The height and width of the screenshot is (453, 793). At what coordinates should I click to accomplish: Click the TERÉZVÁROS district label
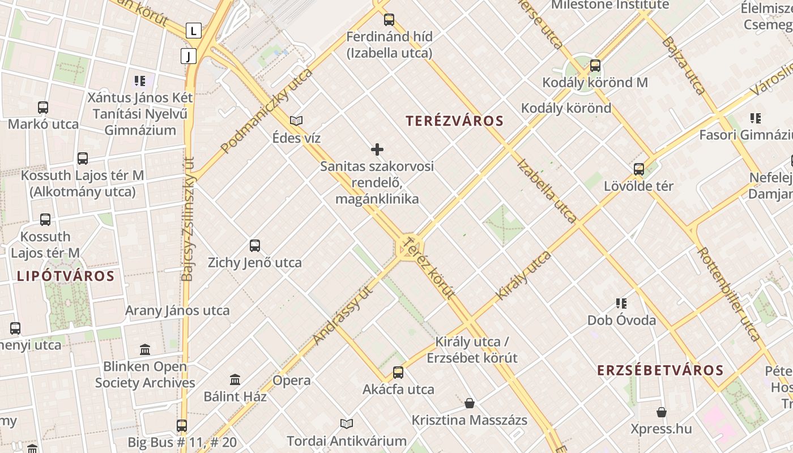454,121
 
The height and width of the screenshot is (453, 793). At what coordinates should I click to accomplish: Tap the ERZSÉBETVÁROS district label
660,370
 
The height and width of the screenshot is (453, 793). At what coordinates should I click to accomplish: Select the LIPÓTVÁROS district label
66,276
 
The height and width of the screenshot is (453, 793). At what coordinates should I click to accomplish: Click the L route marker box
194,30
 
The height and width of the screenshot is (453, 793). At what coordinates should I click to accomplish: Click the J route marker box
189,55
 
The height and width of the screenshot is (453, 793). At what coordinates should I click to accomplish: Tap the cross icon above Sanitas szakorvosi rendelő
377,149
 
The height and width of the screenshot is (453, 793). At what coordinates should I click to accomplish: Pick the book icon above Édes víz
296,121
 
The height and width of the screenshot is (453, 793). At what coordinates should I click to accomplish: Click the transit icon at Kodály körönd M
595,66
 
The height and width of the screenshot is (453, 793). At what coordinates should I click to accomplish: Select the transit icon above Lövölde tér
639,169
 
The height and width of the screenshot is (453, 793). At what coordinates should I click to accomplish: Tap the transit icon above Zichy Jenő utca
255,246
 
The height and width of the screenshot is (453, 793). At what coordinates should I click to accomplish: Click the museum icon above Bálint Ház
235,379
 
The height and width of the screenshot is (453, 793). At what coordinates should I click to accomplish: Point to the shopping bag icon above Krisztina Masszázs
470,403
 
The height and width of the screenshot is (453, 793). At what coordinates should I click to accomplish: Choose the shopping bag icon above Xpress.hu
662,412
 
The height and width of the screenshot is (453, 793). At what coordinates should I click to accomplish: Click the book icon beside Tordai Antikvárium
347,424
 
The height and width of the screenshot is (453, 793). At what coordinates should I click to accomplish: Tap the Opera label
292,381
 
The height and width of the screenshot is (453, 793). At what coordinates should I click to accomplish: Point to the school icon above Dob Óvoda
621,304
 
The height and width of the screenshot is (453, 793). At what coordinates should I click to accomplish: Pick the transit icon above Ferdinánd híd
389,20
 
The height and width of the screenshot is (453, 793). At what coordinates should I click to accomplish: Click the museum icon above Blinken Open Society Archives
145,349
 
